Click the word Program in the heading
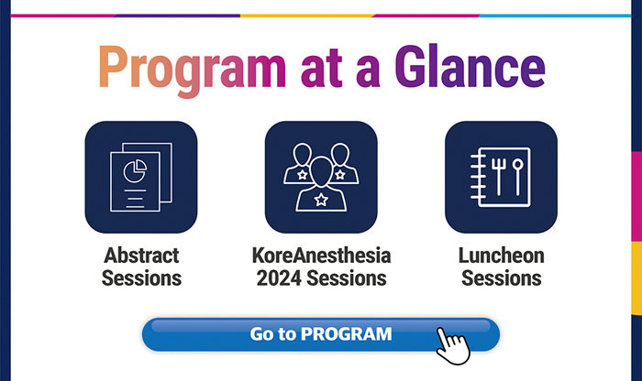(192, 69)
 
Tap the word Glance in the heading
(470, 66)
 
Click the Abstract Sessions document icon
(141, 177)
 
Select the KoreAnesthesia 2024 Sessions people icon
(321, 177)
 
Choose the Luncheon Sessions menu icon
(501, 177)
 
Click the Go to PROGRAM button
(321, 334)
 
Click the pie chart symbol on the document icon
(135, 171)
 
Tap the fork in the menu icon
(498, 177)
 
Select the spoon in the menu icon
(518, 177)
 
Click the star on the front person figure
(321, 200)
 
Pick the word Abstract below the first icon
(141, 256)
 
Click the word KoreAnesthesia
(321, 256)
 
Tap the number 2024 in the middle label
(279, 278)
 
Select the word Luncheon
(502, 256)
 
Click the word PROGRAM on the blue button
(347, 334)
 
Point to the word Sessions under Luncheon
(502, 278)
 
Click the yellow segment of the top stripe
(306, 16)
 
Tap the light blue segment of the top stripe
(555, 16)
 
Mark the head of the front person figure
(321, 170)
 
